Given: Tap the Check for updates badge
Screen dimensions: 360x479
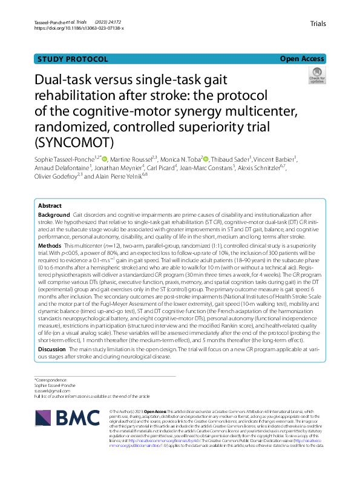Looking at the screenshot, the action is (x=317, y=76).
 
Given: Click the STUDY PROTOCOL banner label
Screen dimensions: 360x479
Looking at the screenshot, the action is (x=73, y=59).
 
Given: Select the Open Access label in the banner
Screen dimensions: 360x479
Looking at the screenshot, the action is (x=303, y=59).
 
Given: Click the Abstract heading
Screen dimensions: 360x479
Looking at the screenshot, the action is (x=50, y=206).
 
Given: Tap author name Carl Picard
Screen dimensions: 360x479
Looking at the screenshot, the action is (x=163, y=168).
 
